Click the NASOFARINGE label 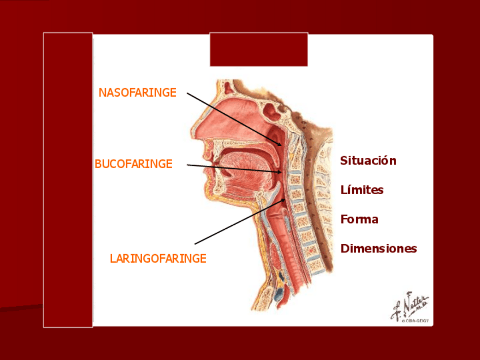coord(138,92)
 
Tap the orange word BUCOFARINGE coord(133,164)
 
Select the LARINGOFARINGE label coord(158,259)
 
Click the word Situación coord(368,161)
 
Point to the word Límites coord(362,190)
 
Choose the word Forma coord(359,220)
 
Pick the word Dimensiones coord(378,249)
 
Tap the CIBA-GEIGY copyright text coord(414,321)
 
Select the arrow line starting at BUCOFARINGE coord(232,168)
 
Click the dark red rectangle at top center coord(259,49)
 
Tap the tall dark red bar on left coord(68,179)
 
